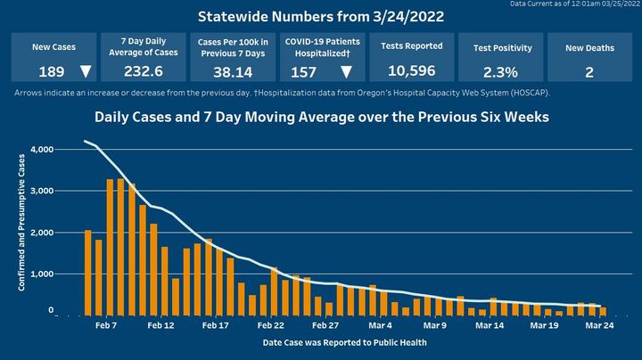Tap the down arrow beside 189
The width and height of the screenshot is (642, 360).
pos(85,72)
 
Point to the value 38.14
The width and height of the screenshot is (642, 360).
pos(230,72)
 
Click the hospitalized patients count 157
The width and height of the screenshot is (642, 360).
pos(304,72)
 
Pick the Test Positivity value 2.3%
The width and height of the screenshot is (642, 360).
pos(500,72)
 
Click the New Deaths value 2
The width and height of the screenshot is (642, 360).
pos(589,72)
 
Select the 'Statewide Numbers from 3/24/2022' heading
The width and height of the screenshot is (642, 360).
pos(320,17)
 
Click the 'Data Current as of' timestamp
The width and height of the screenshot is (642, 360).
pos(575,4)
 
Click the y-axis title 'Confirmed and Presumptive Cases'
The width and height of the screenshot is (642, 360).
pos(20,232)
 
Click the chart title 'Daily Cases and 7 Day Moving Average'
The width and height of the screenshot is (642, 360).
pos(321,117)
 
